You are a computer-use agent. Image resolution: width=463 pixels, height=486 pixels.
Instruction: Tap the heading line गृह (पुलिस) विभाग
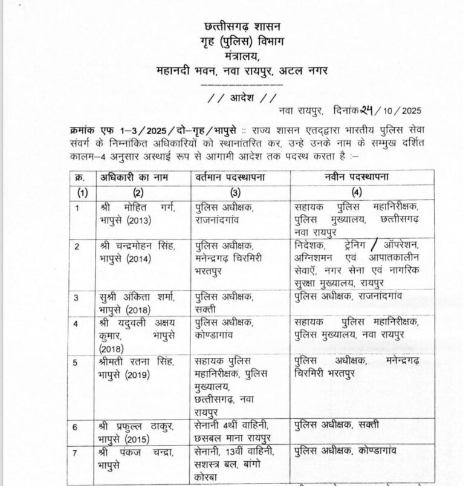pyautogui.click(x=240, y=42)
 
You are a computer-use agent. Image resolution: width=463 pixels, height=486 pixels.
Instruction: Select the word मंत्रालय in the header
pyautogui.click(x=239, y=56)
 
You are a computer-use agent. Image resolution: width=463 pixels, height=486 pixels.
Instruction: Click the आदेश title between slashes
pyautogui.click(x=241, y=97)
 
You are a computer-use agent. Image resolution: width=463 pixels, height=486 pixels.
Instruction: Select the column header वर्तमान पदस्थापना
pyautogui.click(x=235, y=177)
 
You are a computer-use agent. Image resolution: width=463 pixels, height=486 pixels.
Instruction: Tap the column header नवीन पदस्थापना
pyautogui.click(x=356, y=177)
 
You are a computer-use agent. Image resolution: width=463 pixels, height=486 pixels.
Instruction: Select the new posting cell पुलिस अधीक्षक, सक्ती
pyautogui.click(x=337, y=425)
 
